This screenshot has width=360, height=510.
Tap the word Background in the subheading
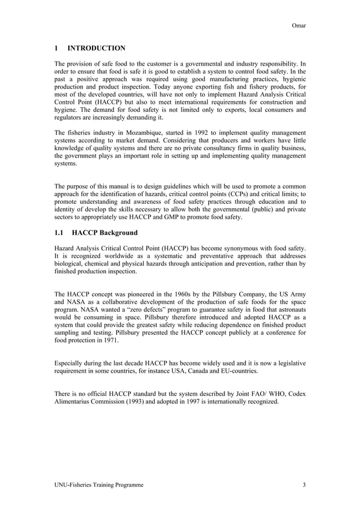pos(116,232)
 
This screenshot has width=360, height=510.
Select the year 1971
pos(109,342)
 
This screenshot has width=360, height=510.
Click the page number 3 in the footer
pos(304,485)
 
